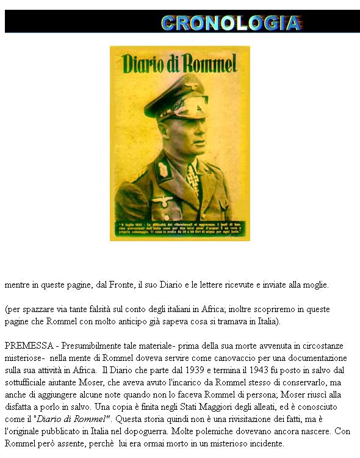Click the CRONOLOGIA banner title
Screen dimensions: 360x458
tap(231, 23)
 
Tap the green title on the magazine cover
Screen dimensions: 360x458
tap(179, 63)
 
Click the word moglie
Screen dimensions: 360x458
tap(315, 285)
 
